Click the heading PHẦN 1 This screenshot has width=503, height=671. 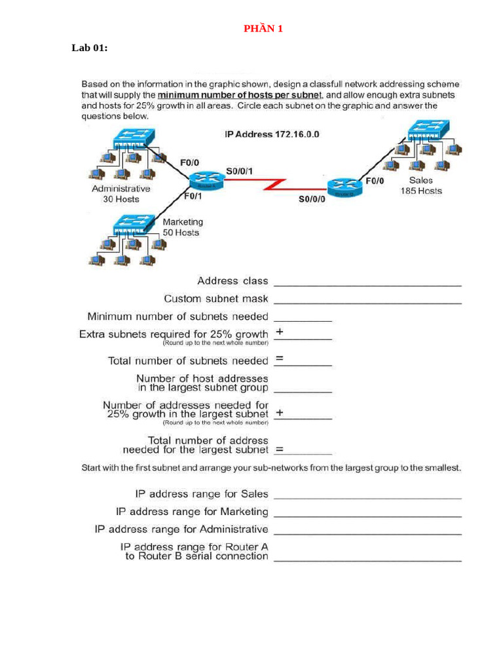click(x=263, y=28)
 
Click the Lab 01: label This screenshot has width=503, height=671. click(x=90, y=48)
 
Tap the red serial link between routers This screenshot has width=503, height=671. click(x=275, y=185)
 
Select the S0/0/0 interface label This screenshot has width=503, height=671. click(x=312, y=200)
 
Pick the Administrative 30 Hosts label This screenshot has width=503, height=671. click(x=121, y=193)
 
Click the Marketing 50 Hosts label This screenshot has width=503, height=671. click(x=182, y=227)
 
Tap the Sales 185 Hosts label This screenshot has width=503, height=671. click(x=420, y=185)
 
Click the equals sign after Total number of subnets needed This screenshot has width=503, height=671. click(x=279, y=359)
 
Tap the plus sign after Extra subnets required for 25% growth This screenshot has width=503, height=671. click(x=280, y=332)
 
